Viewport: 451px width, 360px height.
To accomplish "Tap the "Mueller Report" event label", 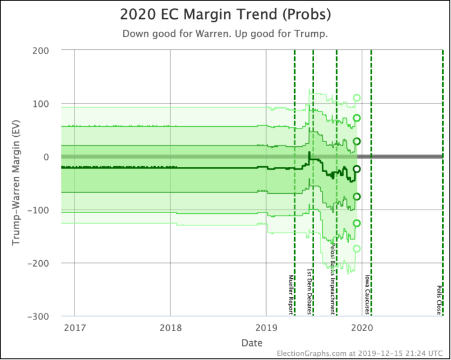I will tap(290, 293).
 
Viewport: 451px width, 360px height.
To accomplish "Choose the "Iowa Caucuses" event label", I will tap(367, 294).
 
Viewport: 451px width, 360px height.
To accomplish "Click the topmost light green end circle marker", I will tap(356, 98).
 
